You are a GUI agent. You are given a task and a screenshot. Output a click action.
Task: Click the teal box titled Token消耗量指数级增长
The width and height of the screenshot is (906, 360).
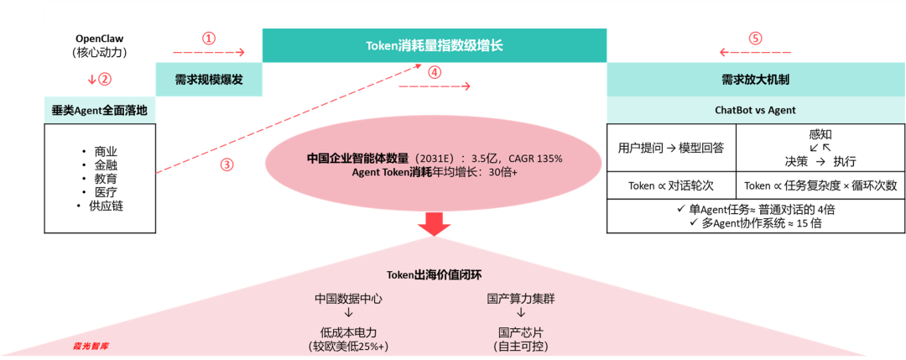pyautogui.click(x=434, y=45)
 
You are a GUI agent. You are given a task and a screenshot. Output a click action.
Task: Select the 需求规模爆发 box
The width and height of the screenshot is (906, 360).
pyautogui.click(x=208, y=80)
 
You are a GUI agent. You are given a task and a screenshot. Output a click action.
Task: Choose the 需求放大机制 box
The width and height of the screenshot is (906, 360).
pyautogui.click(x=755, y=80)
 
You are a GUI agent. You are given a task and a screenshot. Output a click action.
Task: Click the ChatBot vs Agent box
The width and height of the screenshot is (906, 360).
pyautogui.click(x=755, y=110)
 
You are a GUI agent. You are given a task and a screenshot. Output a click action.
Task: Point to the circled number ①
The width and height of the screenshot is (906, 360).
pyautogui.click(x=209, y=39)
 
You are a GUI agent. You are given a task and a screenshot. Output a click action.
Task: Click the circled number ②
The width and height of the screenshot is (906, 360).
pyautogui.click(x=105, y=80)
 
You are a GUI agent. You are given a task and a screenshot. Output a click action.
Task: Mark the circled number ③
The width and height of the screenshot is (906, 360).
pyautogui.click(x=226, y=164)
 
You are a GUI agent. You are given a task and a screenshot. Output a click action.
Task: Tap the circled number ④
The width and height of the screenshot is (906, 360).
pyautogui.click(x=434, y=72)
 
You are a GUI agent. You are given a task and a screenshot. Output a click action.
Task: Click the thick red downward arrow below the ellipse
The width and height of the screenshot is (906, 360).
pyautogui.click(x=434, y=224)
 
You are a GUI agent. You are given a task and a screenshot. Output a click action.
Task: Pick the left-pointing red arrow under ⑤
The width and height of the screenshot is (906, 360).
pyautogui.click(x=755, y=52)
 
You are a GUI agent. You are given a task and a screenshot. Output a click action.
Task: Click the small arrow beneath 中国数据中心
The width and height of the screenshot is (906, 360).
pyautogui.click(x=349, y=313)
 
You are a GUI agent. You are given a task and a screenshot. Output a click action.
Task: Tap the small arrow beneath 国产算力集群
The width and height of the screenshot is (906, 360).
pyautogui.click(x=521, y=313)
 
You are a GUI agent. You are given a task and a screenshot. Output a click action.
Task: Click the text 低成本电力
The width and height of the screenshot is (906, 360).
pyautogui.click(x=349, y=331)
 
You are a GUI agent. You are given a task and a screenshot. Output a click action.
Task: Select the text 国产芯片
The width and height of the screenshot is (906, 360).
pyautogui.click(x=521, y=331)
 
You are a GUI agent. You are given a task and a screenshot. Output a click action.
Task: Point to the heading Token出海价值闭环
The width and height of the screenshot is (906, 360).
pyautogui.click(x=434, y=275)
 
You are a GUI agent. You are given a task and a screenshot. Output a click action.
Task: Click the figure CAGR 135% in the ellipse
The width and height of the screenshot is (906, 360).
pyautogui.click(x=535, y=159)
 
